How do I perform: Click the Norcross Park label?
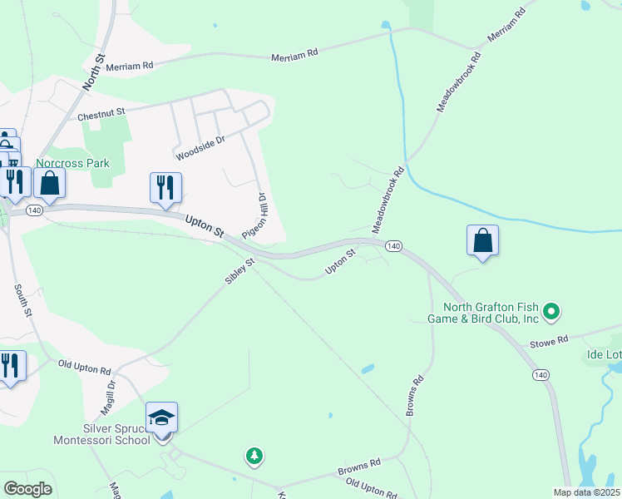coord(73,163)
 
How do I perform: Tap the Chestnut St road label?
coord(101,115)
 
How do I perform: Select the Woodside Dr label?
coord(200,148)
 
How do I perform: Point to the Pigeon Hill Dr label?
coord(254,216)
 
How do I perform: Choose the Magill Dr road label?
coord(110,394)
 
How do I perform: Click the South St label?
coord(22,300)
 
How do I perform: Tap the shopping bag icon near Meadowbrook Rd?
coord(482,240)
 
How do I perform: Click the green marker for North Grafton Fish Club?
coord(550,313)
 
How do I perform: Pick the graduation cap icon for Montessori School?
coord(162,417)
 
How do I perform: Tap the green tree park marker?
coord(254,456)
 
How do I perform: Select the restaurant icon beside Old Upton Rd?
coord(10,365)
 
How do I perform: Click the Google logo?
coord(27,489)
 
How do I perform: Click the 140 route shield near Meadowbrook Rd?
coord(393,245)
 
